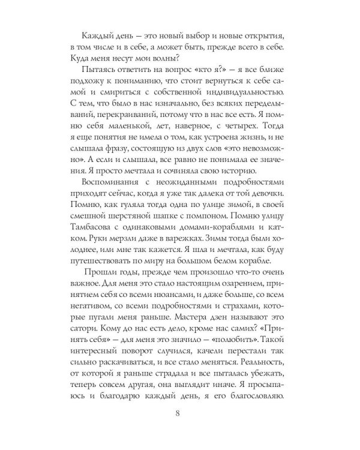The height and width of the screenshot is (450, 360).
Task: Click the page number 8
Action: [x=179, y=413]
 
